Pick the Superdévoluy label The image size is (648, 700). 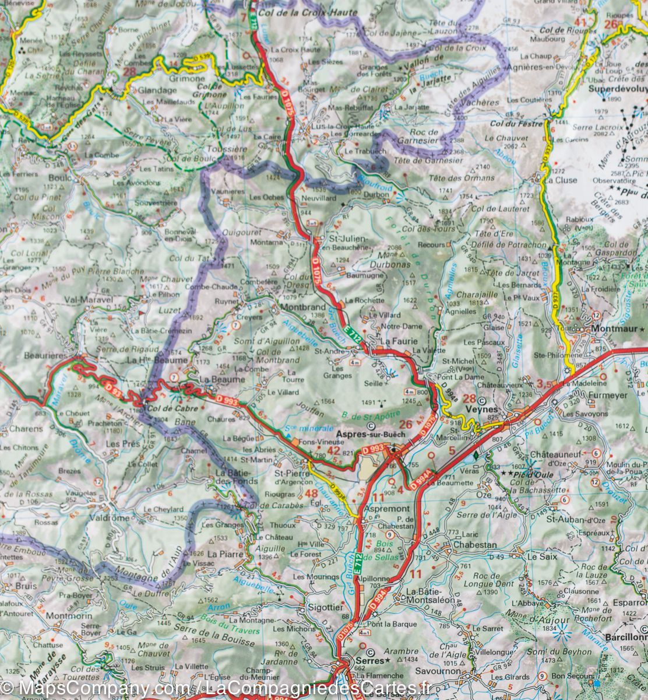coord(617,89)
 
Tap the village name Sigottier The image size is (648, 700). coord(326,607)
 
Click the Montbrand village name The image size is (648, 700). coord(302,306)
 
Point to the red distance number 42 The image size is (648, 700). coord(333,450)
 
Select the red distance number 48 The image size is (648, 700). coord(311,494)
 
